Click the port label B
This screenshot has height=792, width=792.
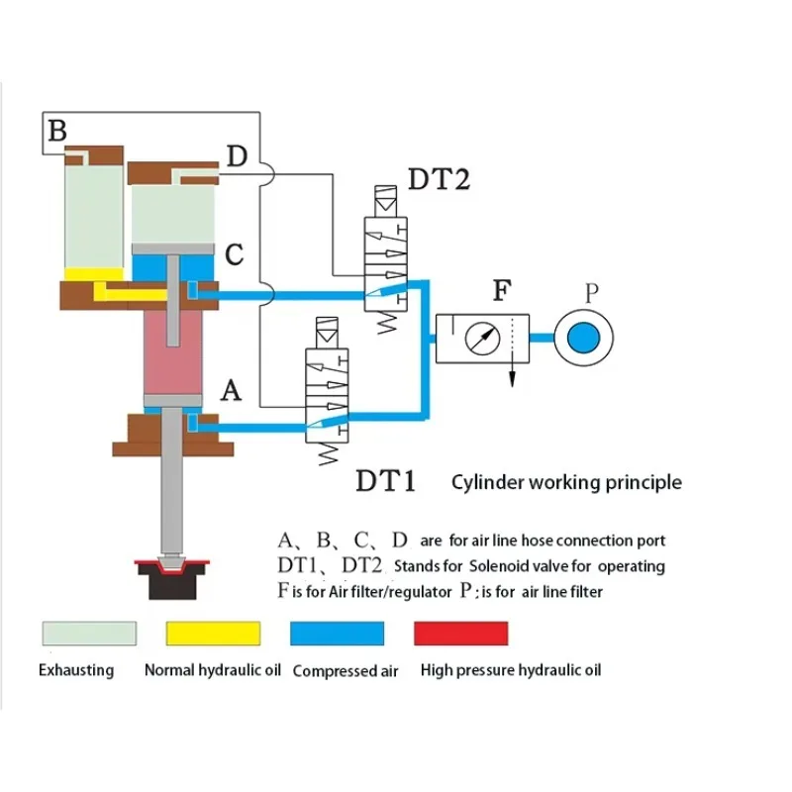[57, 131]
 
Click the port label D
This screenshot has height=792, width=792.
[237, 155]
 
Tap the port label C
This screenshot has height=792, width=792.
[234, 254]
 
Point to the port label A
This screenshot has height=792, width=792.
[231, 390]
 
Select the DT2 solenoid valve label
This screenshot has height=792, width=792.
[439, 179]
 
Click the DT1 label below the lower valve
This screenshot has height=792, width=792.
[385, 481]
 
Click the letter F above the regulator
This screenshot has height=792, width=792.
[502, 290]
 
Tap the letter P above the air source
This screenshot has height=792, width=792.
[591, 292]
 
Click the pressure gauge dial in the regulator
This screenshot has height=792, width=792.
[482, 339]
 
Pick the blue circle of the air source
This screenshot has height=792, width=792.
[583, 338]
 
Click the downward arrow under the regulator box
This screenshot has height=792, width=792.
[512, 374]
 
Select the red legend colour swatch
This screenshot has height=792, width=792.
[460, 634]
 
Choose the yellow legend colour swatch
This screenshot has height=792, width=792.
[213, 634]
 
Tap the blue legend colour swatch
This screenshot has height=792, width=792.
[337, 634]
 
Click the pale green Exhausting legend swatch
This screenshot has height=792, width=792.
[89, 634]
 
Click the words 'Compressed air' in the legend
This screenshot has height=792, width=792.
[346, 671]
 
